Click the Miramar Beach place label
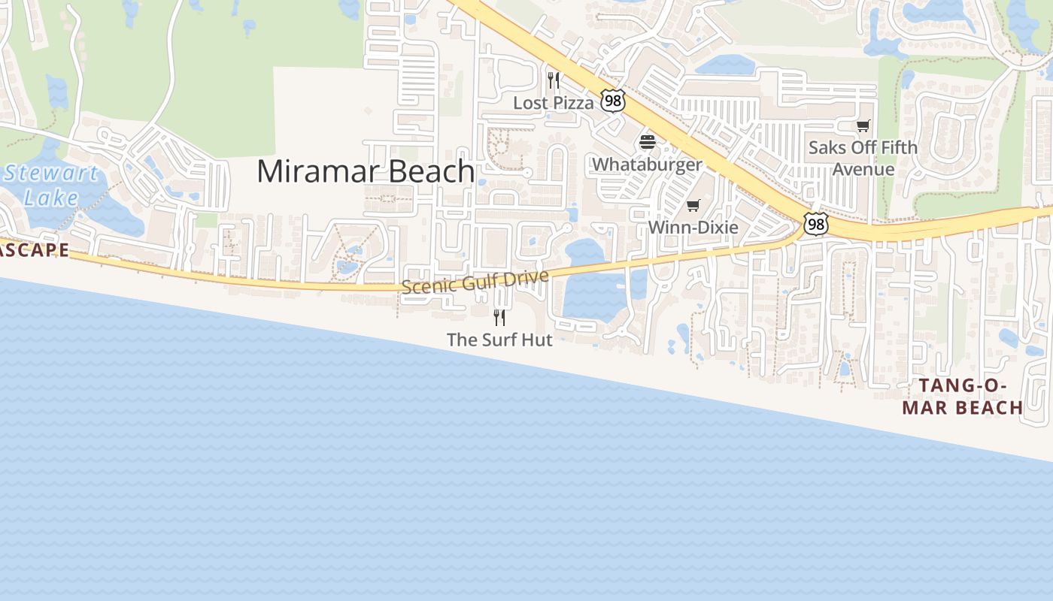(x=366, y=171)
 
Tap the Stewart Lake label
(x=50, y=186)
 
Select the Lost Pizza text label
(x=554, y=103)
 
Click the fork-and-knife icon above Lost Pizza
(x=554, y=80)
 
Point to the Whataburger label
(x=648, y=164)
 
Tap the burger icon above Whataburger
(x=648, y=142)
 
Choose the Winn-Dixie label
(x=693, y=227)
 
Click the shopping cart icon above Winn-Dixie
(x=693, y=205)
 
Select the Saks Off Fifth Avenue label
(x=863, y=158)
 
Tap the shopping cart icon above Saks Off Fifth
(x=863, y=125)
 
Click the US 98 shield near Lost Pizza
(x=613, y=101)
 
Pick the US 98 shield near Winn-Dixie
(x=815, y=223)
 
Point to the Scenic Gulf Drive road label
(x=475, y=282)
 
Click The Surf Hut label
(x=499, y=340)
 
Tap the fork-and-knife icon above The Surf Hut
(x=499, y=318)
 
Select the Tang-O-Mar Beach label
(x=963, y=397)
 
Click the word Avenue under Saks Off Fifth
(x=863, y=169)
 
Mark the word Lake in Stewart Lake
(x=50, y=198)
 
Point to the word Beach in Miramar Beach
(x=431, y=171)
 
